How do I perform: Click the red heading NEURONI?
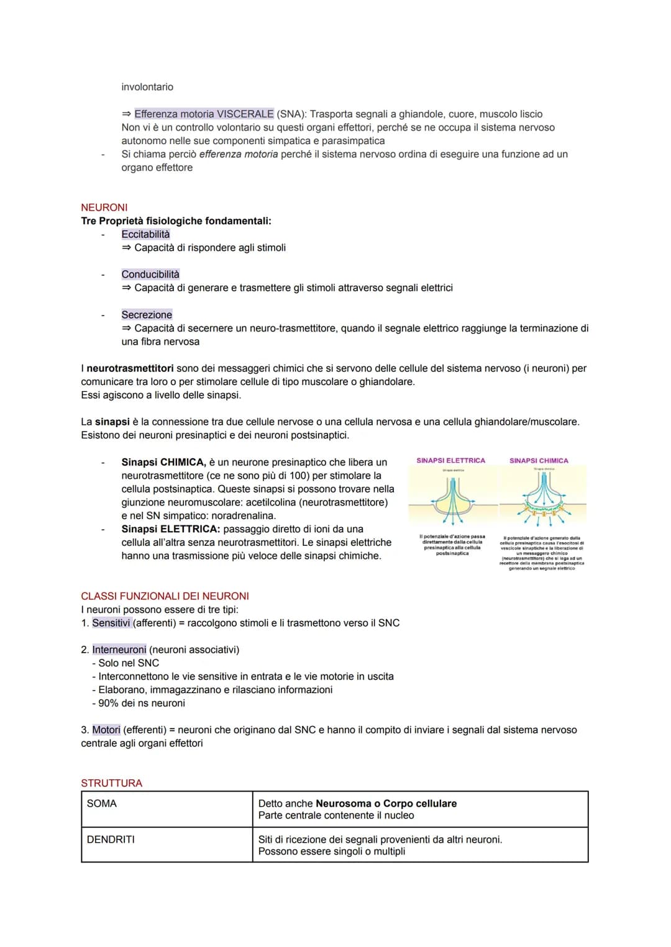coord(104,207)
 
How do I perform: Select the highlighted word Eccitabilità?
coord(145,234)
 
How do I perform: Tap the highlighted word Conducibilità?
coord(150,274)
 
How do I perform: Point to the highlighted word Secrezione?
coord(147,315)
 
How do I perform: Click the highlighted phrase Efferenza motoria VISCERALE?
coord(204,114)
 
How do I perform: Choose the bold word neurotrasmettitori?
coord(130,368)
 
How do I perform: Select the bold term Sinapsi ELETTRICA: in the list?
coord(170,529)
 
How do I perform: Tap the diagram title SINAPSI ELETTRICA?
coord(450,461)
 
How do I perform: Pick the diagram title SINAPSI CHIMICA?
coord(539,461)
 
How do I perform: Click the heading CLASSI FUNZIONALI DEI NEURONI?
coord(165,596)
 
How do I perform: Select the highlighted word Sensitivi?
coord(111,623)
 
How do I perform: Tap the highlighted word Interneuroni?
coord(119,650)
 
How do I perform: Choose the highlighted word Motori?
coord(106,730)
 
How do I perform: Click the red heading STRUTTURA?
coord(111,783)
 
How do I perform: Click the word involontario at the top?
coord(147,87)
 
